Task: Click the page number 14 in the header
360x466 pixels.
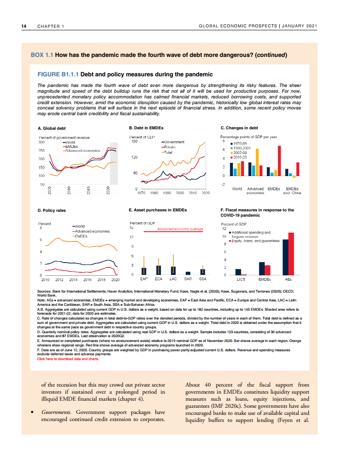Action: (x=24, y=26)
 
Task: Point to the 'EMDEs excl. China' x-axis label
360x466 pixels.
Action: (x=292, y=191)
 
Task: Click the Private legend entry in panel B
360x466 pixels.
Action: (x=169, y=147)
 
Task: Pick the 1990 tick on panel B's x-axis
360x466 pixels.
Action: (x=167, y=193)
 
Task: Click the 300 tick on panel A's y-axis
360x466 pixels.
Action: (x=42, y=142)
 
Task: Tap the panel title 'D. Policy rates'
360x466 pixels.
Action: (x=52, y=210)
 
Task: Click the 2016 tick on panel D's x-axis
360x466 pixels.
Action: (x=87, y=279)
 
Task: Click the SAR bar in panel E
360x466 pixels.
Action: (x=187, y=273)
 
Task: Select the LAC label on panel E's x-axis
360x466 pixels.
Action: (x=173, y=279)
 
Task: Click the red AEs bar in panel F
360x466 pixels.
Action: (x=291, y=254)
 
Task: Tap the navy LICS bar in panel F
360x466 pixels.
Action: (x=238, y=272)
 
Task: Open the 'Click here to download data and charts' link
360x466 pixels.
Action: (x=68, y=359)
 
